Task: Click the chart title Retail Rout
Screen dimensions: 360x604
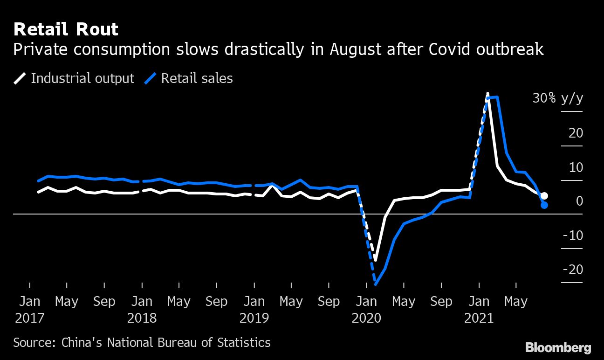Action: pyautogui.click(x=66, y=29)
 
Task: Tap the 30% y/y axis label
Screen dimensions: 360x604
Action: pyautogui.click(x=557, y=99)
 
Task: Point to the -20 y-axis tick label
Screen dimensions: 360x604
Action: pyautogui.click(x=573, y=270)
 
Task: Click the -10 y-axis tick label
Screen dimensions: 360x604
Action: pyautogui.click(x=573, y=235)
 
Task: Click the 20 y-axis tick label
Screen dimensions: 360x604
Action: pyautogui.click(x=576, y=133)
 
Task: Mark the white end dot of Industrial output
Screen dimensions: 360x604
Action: pyautogui.click(x=544, y=196)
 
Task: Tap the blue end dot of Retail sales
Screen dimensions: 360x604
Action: pyautogui.click(x=544, y=205)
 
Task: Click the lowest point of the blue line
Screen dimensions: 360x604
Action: pyautogui.click(x=375, y=284)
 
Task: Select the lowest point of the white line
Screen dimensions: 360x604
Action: pyautogui.click(x=375, y=261)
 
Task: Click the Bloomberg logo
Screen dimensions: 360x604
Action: pyautogui.click(x=558, y=347)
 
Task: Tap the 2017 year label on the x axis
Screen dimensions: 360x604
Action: pyautogui.click(x=29, y=318)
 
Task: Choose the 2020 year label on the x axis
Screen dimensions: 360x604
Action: pyautogui.click(x=366, y=318)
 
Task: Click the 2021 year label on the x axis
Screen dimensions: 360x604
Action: pyautogui.click(x=479, y=318)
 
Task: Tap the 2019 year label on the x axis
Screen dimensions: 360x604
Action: pyautogui.click(x=254, y=318)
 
